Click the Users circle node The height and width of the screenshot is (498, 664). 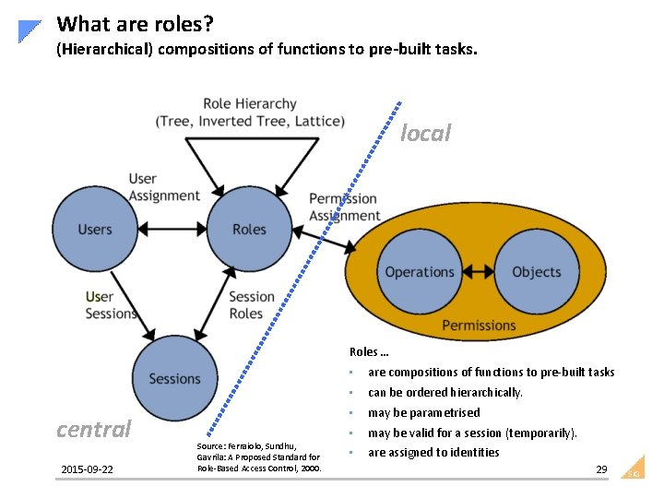(x=95, y=230)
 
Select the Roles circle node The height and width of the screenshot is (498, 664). (x=249, y=230)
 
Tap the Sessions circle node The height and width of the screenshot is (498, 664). (x=174, y=378)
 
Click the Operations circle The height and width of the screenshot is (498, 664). (x=420, y=272)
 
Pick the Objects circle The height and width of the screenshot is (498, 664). (x=536, y=272)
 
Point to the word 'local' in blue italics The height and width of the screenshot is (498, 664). (x=425, y=134)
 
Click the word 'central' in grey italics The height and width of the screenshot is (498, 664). (x=94, y=429)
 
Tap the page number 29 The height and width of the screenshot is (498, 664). (x=601, y=470)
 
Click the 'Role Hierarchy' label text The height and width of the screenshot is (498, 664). (x=250, y=104)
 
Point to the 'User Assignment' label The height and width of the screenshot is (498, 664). (x=163, y=187)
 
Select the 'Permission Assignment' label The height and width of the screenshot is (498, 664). (x=343, y=207)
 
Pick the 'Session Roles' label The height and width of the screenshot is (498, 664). (x=251, y=305)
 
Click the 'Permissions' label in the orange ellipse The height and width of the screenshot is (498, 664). (x=479, y=325)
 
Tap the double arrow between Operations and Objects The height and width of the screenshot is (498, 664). (x=478, y=272)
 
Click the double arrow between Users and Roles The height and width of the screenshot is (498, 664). (x=172, y=230)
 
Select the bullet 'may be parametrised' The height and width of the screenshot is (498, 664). (x=423, y=412)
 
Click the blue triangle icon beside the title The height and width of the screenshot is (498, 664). (x=30, y=30)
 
